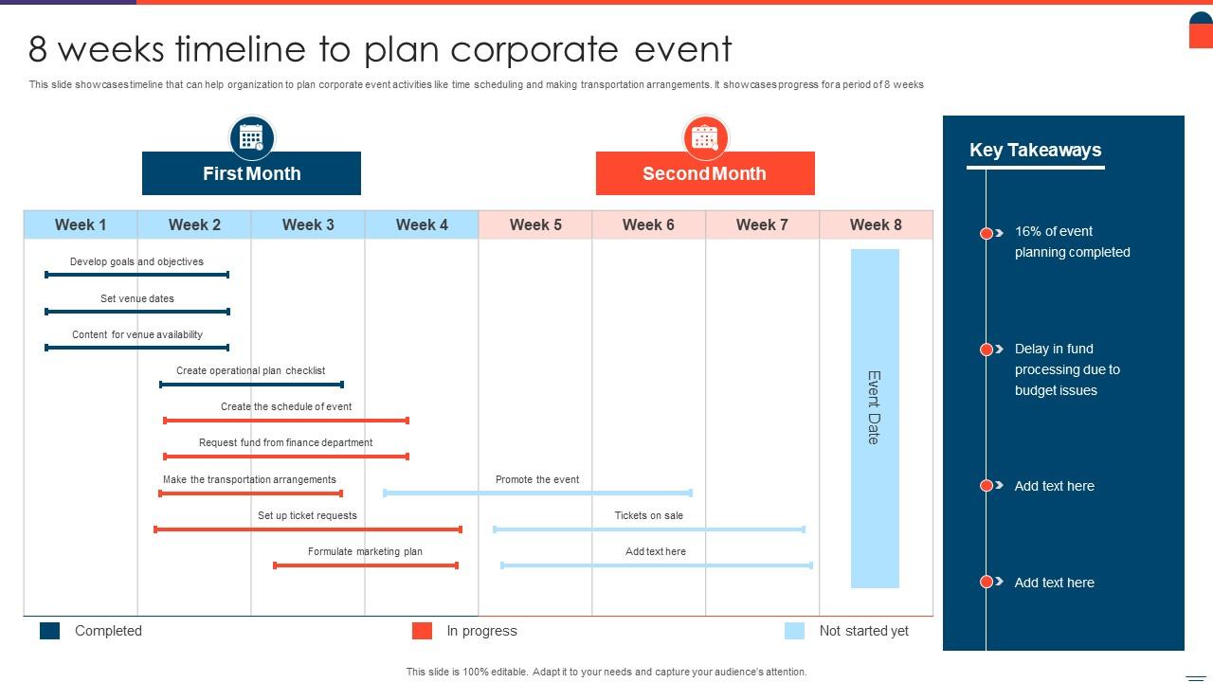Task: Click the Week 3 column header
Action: point(308,224)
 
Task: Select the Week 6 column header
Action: point(648,224)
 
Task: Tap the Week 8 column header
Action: point(876,224)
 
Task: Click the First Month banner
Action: point(251,173)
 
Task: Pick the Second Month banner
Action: point(704,173)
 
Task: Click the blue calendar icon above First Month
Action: point(251,138)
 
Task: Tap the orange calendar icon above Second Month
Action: point(705,138)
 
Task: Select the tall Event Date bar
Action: point(875,418)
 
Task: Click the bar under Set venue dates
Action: point(137,311)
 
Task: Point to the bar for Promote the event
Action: point(537,493)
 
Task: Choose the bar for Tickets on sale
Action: point(649,529)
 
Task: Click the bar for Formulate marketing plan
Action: point(366,565)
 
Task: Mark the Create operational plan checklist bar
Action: point(251,385)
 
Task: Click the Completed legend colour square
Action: point(50,631)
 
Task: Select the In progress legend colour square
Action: point(422,631)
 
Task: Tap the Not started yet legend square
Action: point(794,631)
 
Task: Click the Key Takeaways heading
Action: point(1035,150)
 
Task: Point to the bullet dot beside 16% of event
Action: point(987,233)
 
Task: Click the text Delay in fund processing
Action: point(1067,369)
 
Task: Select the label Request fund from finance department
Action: point(285,442)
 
